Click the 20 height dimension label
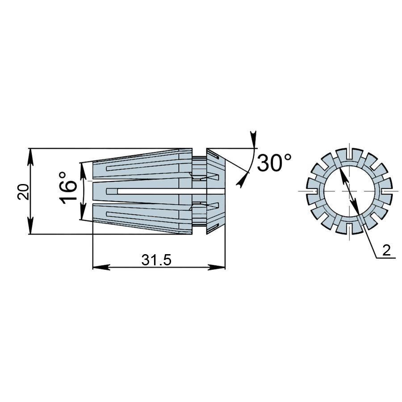[x=23, y=192]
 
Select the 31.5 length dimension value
[x=156, y=260]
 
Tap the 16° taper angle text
[x=68, y=188]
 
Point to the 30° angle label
[x=274, y=163]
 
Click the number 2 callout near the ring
[x=386, y=250]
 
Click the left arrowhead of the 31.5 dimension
[x=101, y=267]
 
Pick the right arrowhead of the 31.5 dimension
[x=216, y=267]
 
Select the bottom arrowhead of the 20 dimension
[x=30, y=225]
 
